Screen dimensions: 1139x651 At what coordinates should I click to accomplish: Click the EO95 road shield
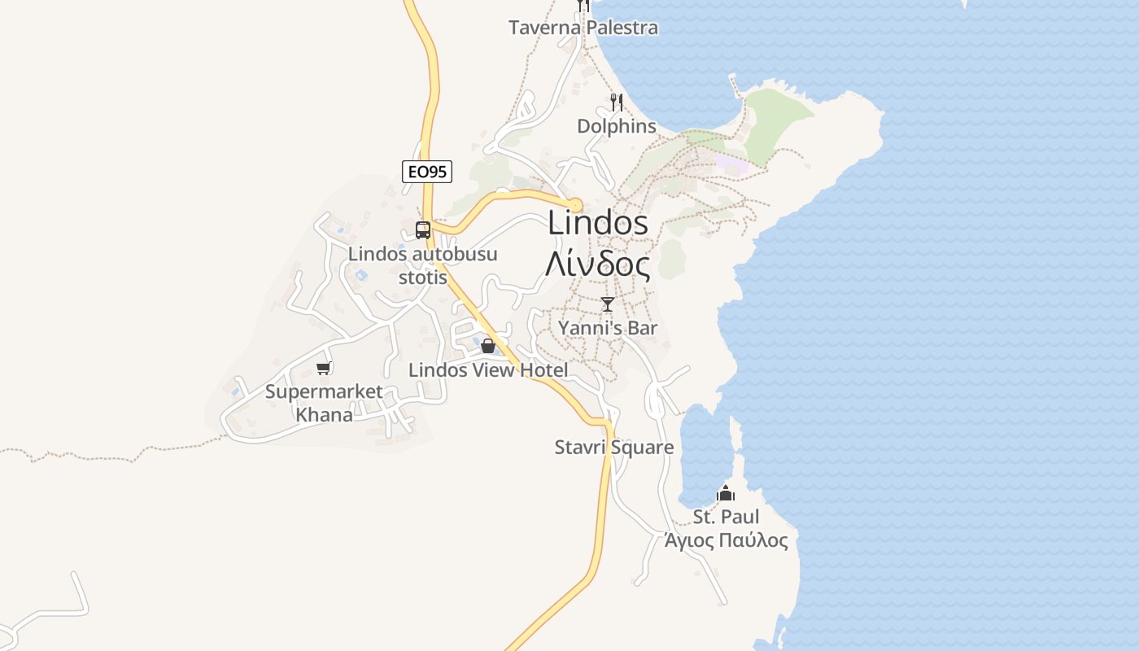pyautogui.click(x=427, y=171)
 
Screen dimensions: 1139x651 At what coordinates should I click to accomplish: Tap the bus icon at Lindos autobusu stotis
pyautogui.click(x=423, y=229)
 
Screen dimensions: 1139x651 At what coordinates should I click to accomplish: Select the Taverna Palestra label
pyautogui.click(x=583, y=28)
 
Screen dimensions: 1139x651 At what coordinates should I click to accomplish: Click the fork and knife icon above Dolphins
pyautogui.click(x=617, y=103)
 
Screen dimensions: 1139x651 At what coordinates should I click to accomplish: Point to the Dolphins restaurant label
pyautogui.click(x=617, y=126)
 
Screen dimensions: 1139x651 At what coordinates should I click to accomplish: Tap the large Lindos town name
pyautogui.click(x=598, y=222)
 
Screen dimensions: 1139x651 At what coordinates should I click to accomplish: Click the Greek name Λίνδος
pyautogui.click(x=598, y=264)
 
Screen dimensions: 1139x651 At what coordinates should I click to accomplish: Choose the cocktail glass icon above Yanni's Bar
pyautogui.click(x=607, y=304)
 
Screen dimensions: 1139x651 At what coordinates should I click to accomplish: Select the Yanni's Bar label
pyautogui.click(x=608, y=328)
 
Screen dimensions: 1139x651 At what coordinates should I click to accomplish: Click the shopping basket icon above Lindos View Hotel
pyautogui.click(x=488, y=346)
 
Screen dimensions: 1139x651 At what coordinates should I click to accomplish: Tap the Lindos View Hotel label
pyautogui.click(x=488, y=370)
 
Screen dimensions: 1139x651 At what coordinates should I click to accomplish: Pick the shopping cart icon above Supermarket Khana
pyautogui.click(x=324, y=368)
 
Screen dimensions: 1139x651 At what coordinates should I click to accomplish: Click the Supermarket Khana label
pyautogui.click(x=324, y=403)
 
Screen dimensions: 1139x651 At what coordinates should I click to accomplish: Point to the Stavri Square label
pyautogui.click(x=614, y=448)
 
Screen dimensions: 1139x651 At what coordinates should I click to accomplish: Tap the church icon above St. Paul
pyautogui.click(x=725, y=493)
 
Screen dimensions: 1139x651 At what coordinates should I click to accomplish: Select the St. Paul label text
pyautogui.click(x=726, y=517)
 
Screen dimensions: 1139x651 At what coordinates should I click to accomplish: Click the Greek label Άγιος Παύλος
pyautogui.click(x=726, y=541)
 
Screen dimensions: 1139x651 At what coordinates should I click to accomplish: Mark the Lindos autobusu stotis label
pyautogui.click(x=423, y=265)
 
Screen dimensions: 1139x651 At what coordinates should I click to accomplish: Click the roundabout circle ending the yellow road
pyautogui.click(x=575, y=203)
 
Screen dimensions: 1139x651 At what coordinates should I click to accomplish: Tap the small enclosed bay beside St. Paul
pyautogui.click(x=704, y=456)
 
